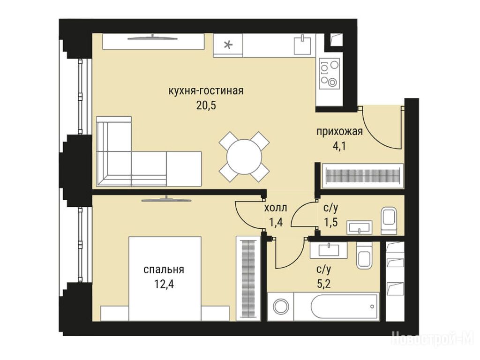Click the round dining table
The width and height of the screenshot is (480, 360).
coord(244,157)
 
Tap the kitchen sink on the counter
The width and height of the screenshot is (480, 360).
coord(302,45)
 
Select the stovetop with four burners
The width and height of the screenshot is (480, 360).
coord(330,74)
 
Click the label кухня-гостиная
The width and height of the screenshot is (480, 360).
coord(206,91)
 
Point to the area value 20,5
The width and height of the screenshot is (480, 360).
coord(206,105)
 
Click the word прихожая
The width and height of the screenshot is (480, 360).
coord(339,132)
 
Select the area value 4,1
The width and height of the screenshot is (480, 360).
coord(339,146)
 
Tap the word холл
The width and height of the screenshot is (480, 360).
coord(276,208)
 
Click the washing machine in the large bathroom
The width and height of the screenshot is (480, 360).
coord(280,307)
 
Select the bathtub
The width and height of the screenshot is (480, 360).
coord(345,307)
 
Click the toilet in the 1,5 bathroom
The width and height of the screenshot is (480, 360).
coord(389,220)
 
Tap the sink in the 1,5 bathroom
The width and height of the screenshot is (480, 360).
coord(360,227)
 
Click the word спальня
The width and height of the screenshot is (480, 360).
coord(164,270)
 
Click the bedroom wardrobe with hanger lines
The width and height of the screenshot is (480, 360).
coord(248,278)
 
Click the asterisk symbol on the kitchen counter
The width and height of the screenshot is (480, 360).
coord(228,45)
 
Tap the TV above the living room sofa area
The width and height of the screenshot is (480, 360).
coord(153,37)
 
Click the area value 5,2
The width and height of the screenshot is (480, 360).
coord(323,285)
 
